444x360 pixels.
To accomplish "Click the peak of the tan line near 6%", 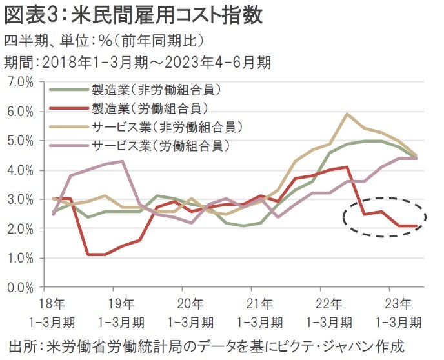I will tap(348, 114).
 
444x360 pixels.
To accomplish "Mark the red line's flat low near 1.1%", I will tap(96, 254).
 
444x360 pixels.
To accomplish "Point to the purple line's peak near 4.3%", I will tap(122, 161).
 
